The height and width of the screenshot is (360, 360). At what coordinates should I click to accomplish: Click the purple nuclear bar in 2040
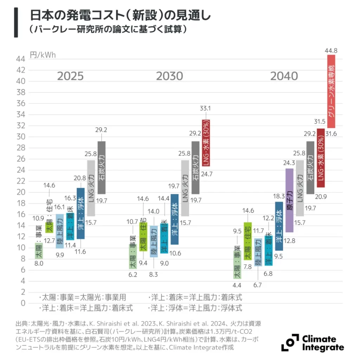(289, 200)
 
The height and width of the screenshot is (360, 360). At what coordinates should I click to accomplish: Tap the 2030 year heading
(169, 76)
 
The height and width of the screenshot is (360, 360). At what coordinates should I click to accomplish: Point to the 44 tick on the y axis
(21, 59)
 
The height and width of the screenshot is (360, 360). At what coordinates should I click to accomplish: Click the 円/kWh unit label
(43, 55)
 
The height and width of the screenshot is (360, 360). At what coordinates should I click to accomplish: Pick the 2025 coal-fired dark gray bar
(101, 167)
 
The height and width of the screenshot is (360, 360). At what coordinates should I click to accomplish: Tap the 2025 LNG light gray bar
(91, 188)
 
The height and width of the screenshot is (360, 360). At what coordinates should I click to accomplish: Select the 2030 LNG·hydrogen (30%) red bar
(206, 142)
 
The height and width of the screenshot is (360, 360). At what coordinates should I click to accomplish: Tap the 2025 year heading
(70, 76)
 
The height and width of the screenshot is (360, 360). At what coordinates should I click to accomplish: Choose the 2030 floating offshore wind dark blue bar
(174, 219)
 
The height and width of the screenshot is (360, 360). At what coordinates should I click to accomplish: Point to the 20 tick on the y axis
(21, 192)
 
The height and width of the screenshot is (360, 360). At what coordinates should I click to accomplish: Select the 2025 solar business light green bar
(39, 250)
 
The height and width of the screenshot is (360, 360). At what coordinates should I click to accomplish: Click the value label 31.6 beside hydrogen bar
(332, 133)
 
